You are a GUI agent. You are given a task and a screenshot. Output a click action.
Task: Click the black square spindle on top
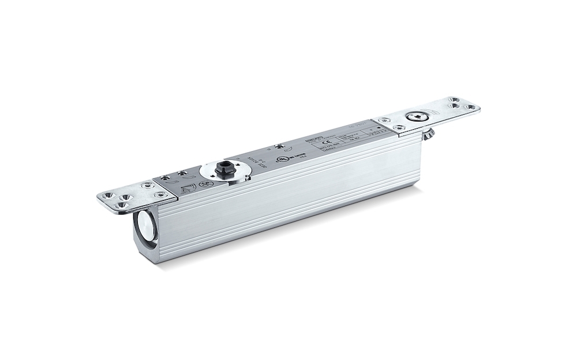tap(222, 171)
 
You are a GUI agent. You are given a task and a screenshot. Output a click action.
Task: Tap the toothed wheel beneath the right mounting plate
tap(428, 136)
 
